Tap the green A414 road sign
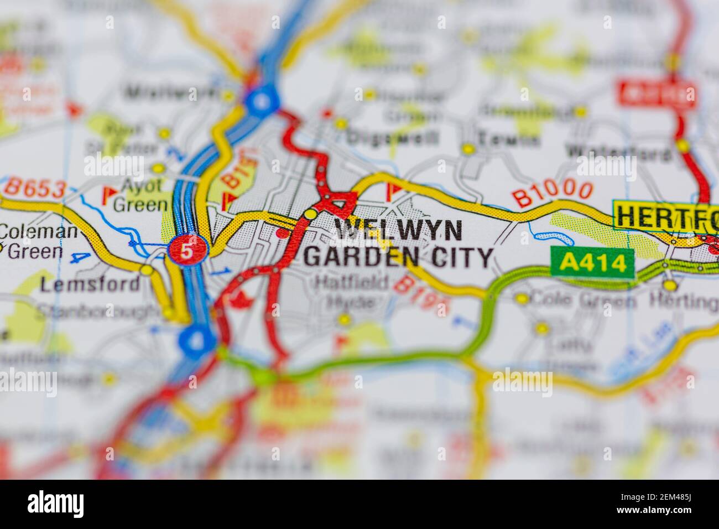[592, 263]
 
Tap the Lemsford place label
[90, 284]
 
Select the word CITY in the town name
[462, 257]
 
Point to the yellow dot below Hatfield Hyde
[344, 319]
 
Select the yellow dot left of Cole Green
[522, 299]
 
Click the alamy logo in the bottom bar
[56, 504]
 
